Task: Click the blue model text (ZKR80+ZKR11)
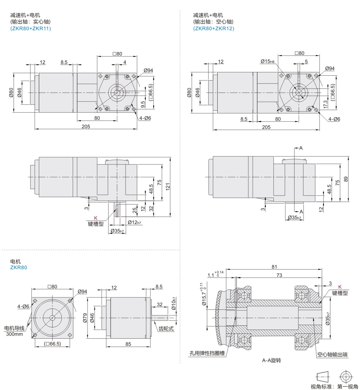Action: pos(30,29)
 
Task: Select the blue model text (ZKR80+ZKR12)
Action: pos(214,29)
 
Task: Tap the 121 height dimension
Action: pos(168,187)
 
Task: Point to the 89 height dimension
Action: pos(346,179)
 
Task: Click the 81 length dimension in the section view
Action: pos(274,267)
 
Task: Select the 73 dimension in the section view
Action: pos(279,275)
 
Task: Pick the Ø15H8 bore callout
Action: pos(267,61)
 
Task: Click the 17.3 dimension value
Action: pos(326,104)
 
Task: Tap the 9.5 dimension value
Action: pos(143,104)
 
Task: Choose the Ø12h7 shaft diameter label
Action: pos(134,222)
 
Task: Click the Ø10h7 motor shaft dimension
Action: pos(174,303)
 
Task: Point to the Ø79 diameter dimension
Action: pos(85,318)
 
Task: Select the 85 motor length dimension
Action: pos(128,344)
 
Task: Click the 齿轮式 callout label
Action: pos(166,329)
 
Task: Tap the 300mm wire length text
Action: pos(15,334)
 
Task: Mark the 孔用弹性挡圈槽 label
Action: pos(207,353)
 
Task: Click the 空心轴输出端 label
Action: pos(332,355)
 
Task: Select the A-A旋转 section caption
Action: pos(271,360)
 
